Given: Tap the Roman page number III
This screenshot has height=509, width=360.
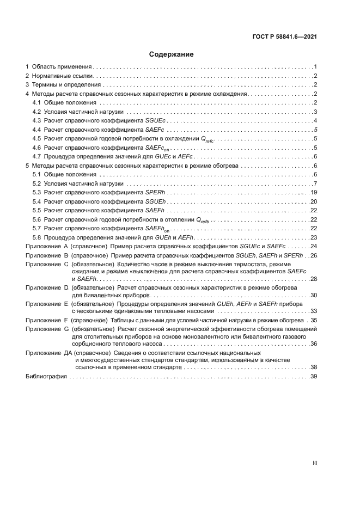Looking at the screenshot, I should point(314,463).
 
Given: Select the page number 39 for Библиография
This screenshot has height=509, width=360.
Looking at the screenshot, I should point(314,377).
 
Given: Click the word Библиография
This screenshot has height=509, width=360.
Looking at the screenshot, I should point(45,377).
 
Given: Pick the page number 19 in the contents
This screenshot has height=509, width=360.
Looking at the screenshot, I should point(314,193).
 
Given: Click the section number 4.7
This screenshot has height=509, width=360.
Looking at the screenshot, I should point(37,156).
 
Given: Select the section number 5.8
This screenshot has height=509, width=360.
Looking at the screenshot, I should point(37,237).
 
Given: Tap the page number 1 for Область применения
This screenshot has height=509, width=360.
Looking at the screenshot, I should point(315,66).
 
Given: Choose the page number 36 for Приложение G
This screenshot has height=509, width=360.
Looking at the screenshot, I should point(314,344).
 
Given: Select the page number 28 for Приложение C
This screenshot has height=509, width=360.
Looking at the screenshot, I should point(314,279).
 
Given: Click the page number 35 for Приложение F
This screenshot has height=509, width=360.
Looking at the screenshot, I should point(314,320).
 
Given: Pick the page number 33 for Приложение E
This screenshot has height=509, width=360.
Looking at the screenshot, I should point(314,311).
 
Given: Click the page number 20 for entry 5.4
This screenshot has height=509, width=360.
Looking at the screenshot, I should point(314,201).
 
